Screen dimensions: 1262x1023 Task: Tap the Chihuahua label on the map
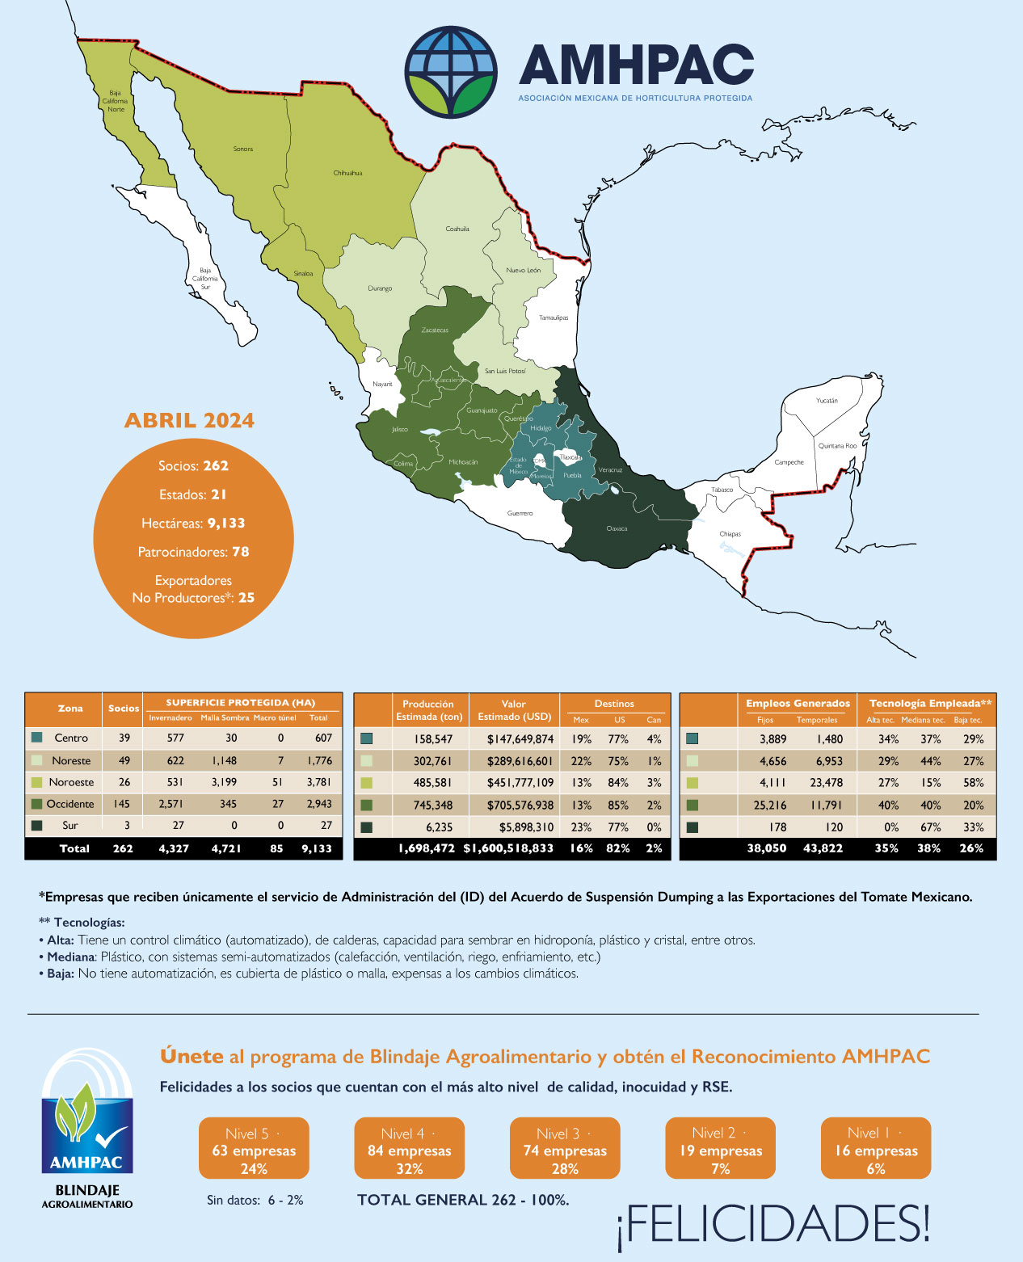pyautogui.click(x=347, y=173)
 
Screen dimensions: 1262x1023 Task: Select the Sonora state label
pyautogui.click(x=242, y=149)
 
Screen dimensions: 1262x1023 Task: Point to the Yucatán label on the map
pyautogui.click(x=827, y=401)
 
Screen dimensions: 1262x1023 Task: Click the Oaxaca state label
pyautogui.click(x=617, y=528)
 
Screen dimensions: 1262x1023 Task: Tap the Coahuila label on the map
pyautogui.click(x=457, y=229)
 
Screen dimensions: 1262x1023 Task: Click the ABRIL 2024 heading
pyautogui.click(x=189, y=421)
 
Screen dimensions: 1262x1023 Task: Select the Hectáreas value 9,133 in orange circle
pyautogui.click(x=226, y=524)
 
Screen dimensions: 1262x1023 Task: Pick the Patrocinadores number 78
pyautogui.click(x=240, y=552)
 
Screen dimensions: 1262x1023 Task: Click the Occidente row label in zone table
pyautogui.click(x=70, y=804)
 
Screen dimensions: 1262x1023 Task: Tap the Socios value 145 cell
pyautogui.click(x=123, y=804)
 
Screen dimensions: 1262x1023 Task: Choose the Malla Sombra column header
pyautogui.click(x=225, y=717)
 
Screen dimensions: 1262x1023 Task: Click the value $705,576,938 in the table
pyautogui.click(x=520, y=806)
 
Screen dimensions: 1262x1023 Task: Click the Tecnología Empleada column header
pyautogui.click(x=930, y=704)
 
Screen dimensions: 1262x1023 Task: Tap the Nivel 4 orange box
pyautogui.click(x=409, y=1150)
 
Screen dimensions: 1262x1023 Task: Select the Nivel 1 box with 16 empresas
pyautogui.click(x=876, y=1150)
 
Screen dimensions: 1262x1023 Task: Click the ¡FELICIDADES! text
pyautogui.click(x=773, y=1225)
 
